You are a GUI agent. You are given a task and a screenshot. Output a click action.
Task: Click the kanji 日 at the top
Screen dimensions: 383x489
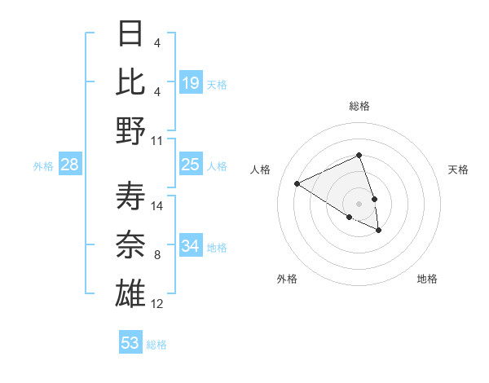click(x=130, y=34)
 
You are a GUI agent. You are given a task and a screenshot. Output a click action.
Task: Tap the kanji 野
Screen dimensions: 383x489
click(x=130, y=130)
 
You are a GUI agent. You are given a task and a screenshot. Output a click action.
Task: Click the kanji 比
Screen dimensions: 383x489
click(x=130, y=82)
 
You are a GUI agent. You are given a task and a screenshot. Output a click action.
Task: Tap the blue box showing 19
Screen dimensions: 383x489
click(x=191, y=83)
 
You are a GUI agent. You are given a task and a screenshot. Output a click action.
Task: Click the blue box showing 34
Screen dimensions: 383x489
click(x=191, y=246)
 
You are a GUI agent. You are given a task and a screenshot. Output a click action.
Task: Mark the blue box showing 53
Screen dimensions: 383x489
click(x=130, y=343)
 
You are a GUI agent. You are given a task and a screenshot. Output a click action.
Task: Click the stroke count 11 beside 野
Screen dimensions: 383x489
click(x=157, y=140)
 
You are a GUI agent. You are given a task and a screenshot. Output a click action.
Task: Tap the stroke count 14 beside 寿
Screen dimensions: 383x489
click(x=157, y=205)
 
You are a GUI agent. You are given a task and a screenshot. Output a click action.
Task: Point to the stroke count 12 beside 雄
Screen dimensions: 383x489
click(x=157, y=304)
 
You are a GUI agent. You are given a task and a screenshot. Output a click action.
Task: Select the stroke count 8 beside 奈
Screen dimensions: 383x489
click(x=157, y=255)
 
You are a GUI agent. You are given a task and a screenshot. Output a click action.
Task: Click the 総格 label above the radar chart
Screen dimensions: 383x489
click(x=359, y=106)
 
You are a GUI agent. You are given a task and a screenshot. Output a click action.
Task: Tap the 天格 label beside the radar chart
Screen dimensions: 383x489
click(x=458, y=169)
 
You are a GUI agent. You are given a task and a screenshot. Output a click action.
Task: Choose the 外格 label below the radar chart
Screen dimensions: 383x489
click(x=287, y=279)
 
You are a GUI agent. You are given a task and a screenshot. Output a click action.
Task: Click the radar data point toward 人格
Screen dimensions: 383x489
click(x=297, y=183)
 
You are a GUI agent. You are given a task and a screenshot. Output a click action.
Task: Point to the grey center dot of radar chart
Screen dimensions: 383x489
click(x=359, y=203)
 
